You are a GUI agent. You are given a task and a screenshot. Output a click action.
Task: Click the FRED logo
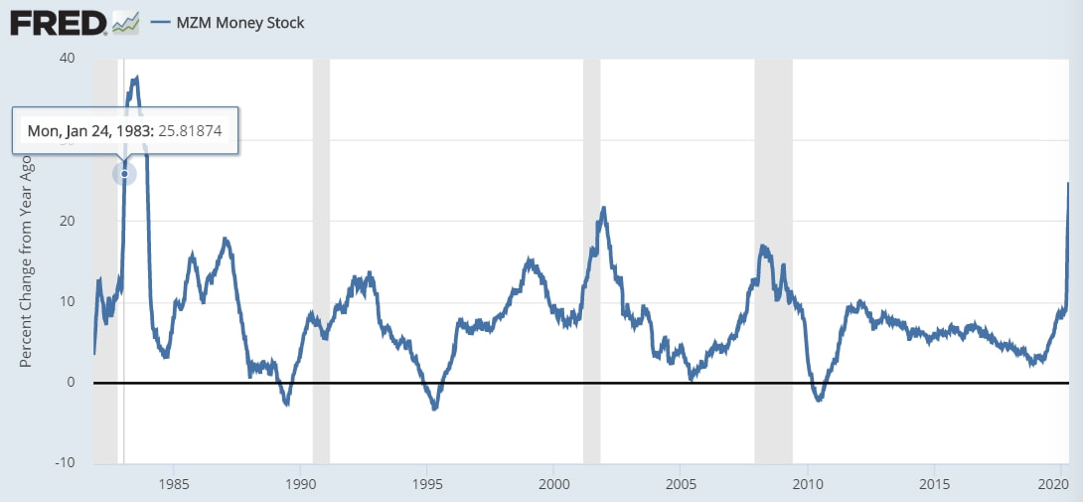click(x=58, y=24)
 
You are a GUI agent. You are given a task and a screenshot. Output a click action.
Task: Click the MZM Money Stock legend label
click(x=240, y=23)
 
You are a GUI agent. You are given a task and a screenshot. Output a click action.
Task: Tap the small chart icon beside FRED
click(x=125, y=23)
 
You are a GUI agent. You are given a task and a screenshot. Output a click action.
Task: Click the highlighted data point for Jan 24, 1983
click(x=124, y=173)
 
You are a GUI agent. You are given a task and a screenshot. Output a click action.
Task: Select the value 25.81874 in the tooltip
click(x=191, y=130)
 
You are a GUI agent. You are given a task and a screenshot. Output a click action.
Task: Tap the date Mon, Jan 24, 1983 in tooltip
click(x=91, y=130)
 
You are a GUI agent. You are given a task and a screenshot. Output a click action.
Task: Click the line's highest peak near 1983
click(x=137, y=78)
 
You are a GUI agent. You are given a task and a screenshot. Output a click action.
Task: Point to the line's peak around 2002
click(x=604, y=208)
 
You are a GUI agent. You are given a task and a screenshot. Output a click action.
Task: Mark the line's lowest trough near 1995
click(x=434, y=409)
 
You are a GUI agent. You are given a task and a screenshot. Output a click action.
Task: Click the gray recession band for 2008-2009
click(x=773, y=261)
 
